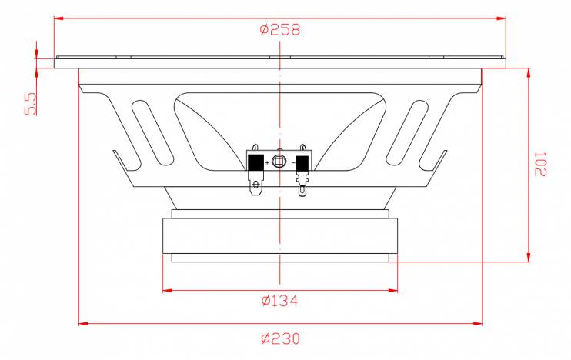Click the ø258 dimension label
280,29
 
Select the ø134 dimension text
279,301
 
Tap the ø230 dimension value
280,338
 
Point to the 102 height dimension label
540,165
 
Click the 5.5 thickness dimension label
31,104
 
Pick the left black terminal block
255,163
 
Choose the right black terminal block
302,164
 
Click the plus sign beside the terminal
268,163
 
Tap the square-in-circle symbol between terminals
279,161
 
